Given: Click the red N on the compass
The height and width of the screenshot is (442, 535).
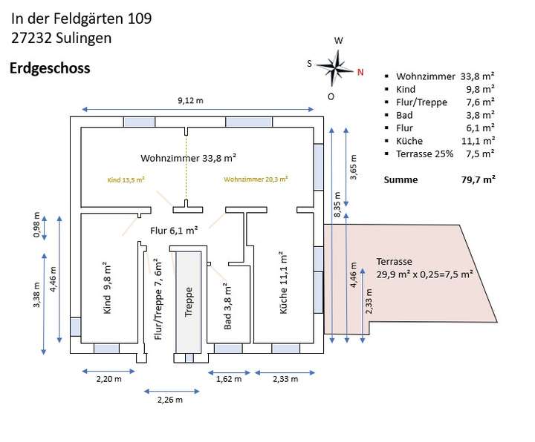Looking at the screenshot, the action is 360,72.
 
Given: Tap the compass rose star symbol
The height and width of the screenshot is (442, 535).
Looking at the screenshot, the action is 335,68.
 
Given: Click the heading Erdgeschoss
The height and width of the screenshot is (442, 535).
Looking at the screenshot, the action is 50,68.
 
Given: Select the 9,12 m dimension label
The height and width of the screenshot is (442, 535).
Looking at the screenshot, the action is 190,100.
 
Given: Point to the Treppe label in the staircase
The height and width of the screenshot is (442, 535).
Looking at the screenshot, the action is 188,302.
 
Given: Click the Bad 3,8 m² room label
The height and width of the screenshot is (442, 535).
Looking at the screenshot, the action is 227,306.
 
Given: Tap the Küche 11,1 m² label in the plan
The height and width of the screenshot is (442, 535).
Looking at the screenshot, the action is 283,283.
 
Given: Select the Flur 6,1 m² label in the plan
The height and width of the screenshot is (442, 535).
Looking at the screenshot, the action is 174,231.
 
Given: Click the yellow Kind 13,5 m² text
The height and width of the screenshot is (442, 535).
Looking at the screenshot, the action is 126,179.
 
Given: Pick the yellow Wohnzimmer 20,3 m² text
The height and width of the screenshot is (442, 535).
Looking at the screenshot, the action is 256,179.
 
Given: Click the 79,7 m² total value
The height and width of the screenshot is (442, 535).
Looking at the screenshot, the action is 478,179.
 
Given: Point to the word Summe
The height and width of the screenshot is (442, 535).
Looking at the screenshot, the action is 401,179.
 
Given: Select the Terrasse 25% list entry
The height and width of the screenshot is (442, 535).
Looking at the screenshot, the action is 424,154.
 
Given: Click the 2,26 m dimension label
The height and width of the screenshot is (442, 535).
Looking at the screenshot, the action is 170,400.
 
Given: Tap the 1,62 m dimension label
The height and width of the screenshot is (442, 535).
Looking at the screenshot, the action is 229,379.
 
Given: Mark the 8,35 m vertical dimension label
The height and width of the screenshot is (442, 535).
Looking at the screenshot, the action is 337,205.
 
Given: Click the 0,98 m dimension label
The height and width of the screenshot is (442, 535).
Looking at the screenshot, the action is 36,225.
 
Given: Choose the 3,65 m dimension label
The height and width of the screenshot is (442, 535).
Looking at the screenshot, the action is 353,167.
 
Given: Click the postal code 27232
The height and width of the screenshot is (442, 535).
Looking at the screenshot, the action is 32,38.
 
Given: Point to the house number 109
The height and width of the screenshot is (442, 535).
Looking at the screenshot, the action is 140,19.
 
